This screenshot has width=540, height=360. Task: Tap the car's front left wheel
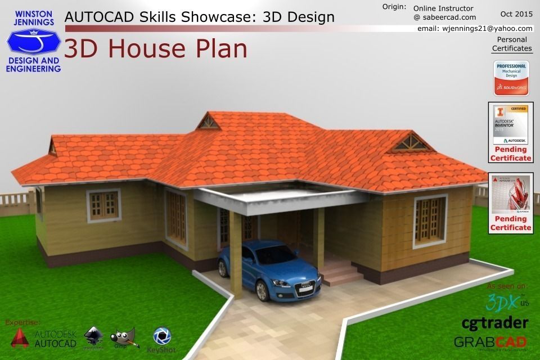[x=262, y=289]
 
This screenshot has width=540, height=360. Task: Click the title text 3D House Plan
[x=156, y=49]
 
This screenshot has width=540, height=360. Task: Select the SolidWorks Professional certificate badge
[x=511, y=78]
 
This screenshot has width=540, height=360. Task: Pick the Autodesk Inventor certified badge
[x=511, y=124]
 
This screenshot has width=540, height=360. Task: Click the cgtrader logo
[x=494, y=323]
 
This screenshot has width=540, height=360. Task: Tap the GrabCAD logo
[x=490, y=342]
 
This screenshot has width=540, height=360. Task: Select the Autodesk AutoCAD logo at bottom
[x=44, y=338]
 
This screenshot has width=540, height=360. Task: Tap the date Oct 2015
[x=516, y=13]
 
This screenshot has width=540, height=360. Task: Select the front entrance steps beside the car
[x=341, y=273]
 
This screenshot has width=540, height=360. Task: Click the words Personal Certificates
[x=512, y=44]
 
